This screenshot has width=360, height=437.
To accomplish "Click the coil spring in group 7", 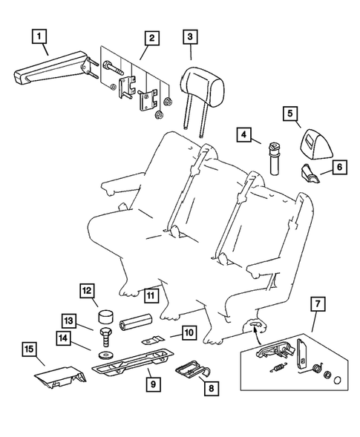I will click(x=277, y=368).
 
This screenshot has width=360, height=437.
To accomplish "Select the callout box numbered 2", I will click(x=151, y=36).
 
